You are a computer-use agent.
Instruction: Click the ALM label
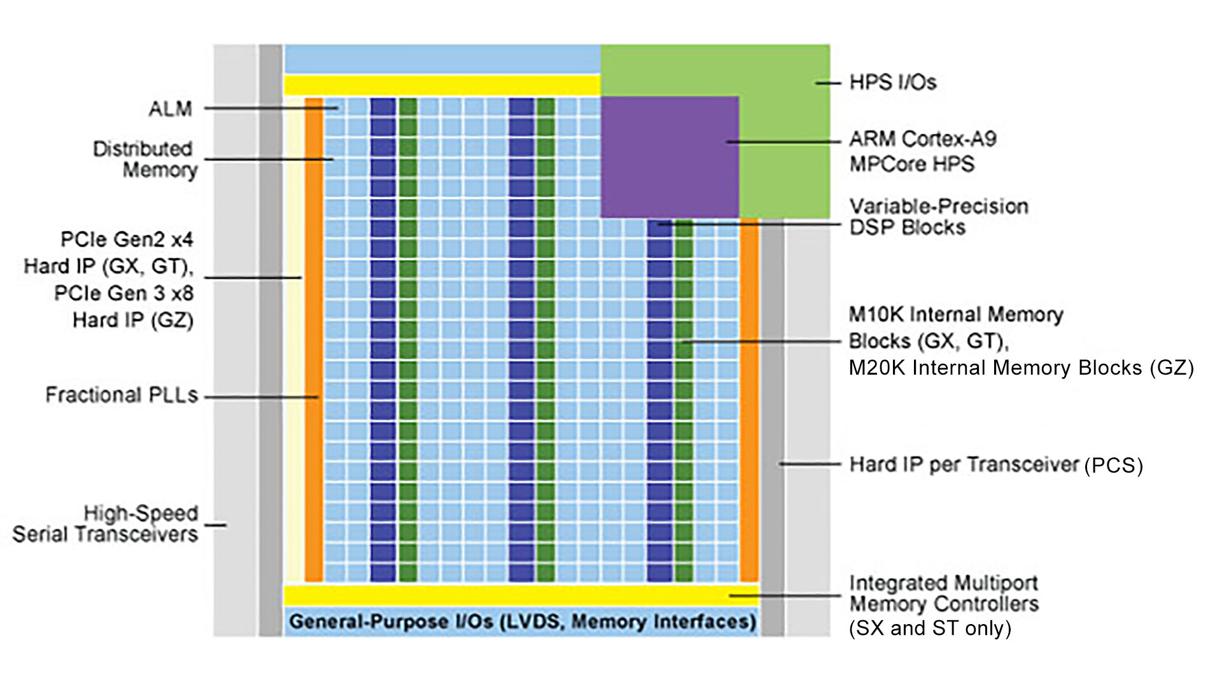pos(170,109)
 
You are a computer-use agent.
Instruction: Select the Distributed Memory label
pos(145,160)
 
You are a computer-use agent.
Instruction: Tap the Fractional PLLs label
pos(122,395)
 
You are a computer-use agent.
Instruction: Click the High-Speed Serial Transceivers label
pos(105,524)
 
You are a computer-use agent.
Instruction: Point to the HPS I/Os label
pos(893,83)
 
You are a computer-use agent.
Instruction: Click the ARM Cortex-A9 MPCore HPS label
pos(923,151)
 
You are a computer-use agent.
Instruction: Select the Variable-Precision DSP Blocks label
pos(939,217)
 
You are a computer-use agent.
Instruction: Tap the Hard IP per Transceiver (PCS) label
pos(996,465)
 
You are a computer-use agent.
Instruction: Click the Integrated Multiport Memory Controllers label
pos(944,593)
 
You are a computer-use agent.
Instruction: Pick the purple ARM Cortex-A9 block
pos(670,157)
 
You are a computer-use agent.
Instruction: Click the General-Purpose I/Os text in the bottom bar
pos(391,621)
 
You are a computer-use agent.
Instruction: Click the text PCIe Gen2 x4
pos(127,240)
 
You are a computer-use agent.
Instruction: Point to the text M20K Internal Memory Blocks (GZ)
pos(1021,368)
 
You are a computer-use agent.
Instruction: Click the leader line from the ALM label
pos(271,109)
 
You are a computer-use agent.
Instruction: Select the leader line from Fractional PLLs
pos(262,398)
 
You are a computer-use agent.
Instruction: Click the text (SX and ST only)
pos(930,628)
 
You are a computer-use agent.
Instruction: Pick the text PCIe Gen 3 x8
pos(123,293)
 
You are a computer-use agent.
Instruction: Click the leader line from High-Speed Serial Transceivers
pos(215,525)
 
